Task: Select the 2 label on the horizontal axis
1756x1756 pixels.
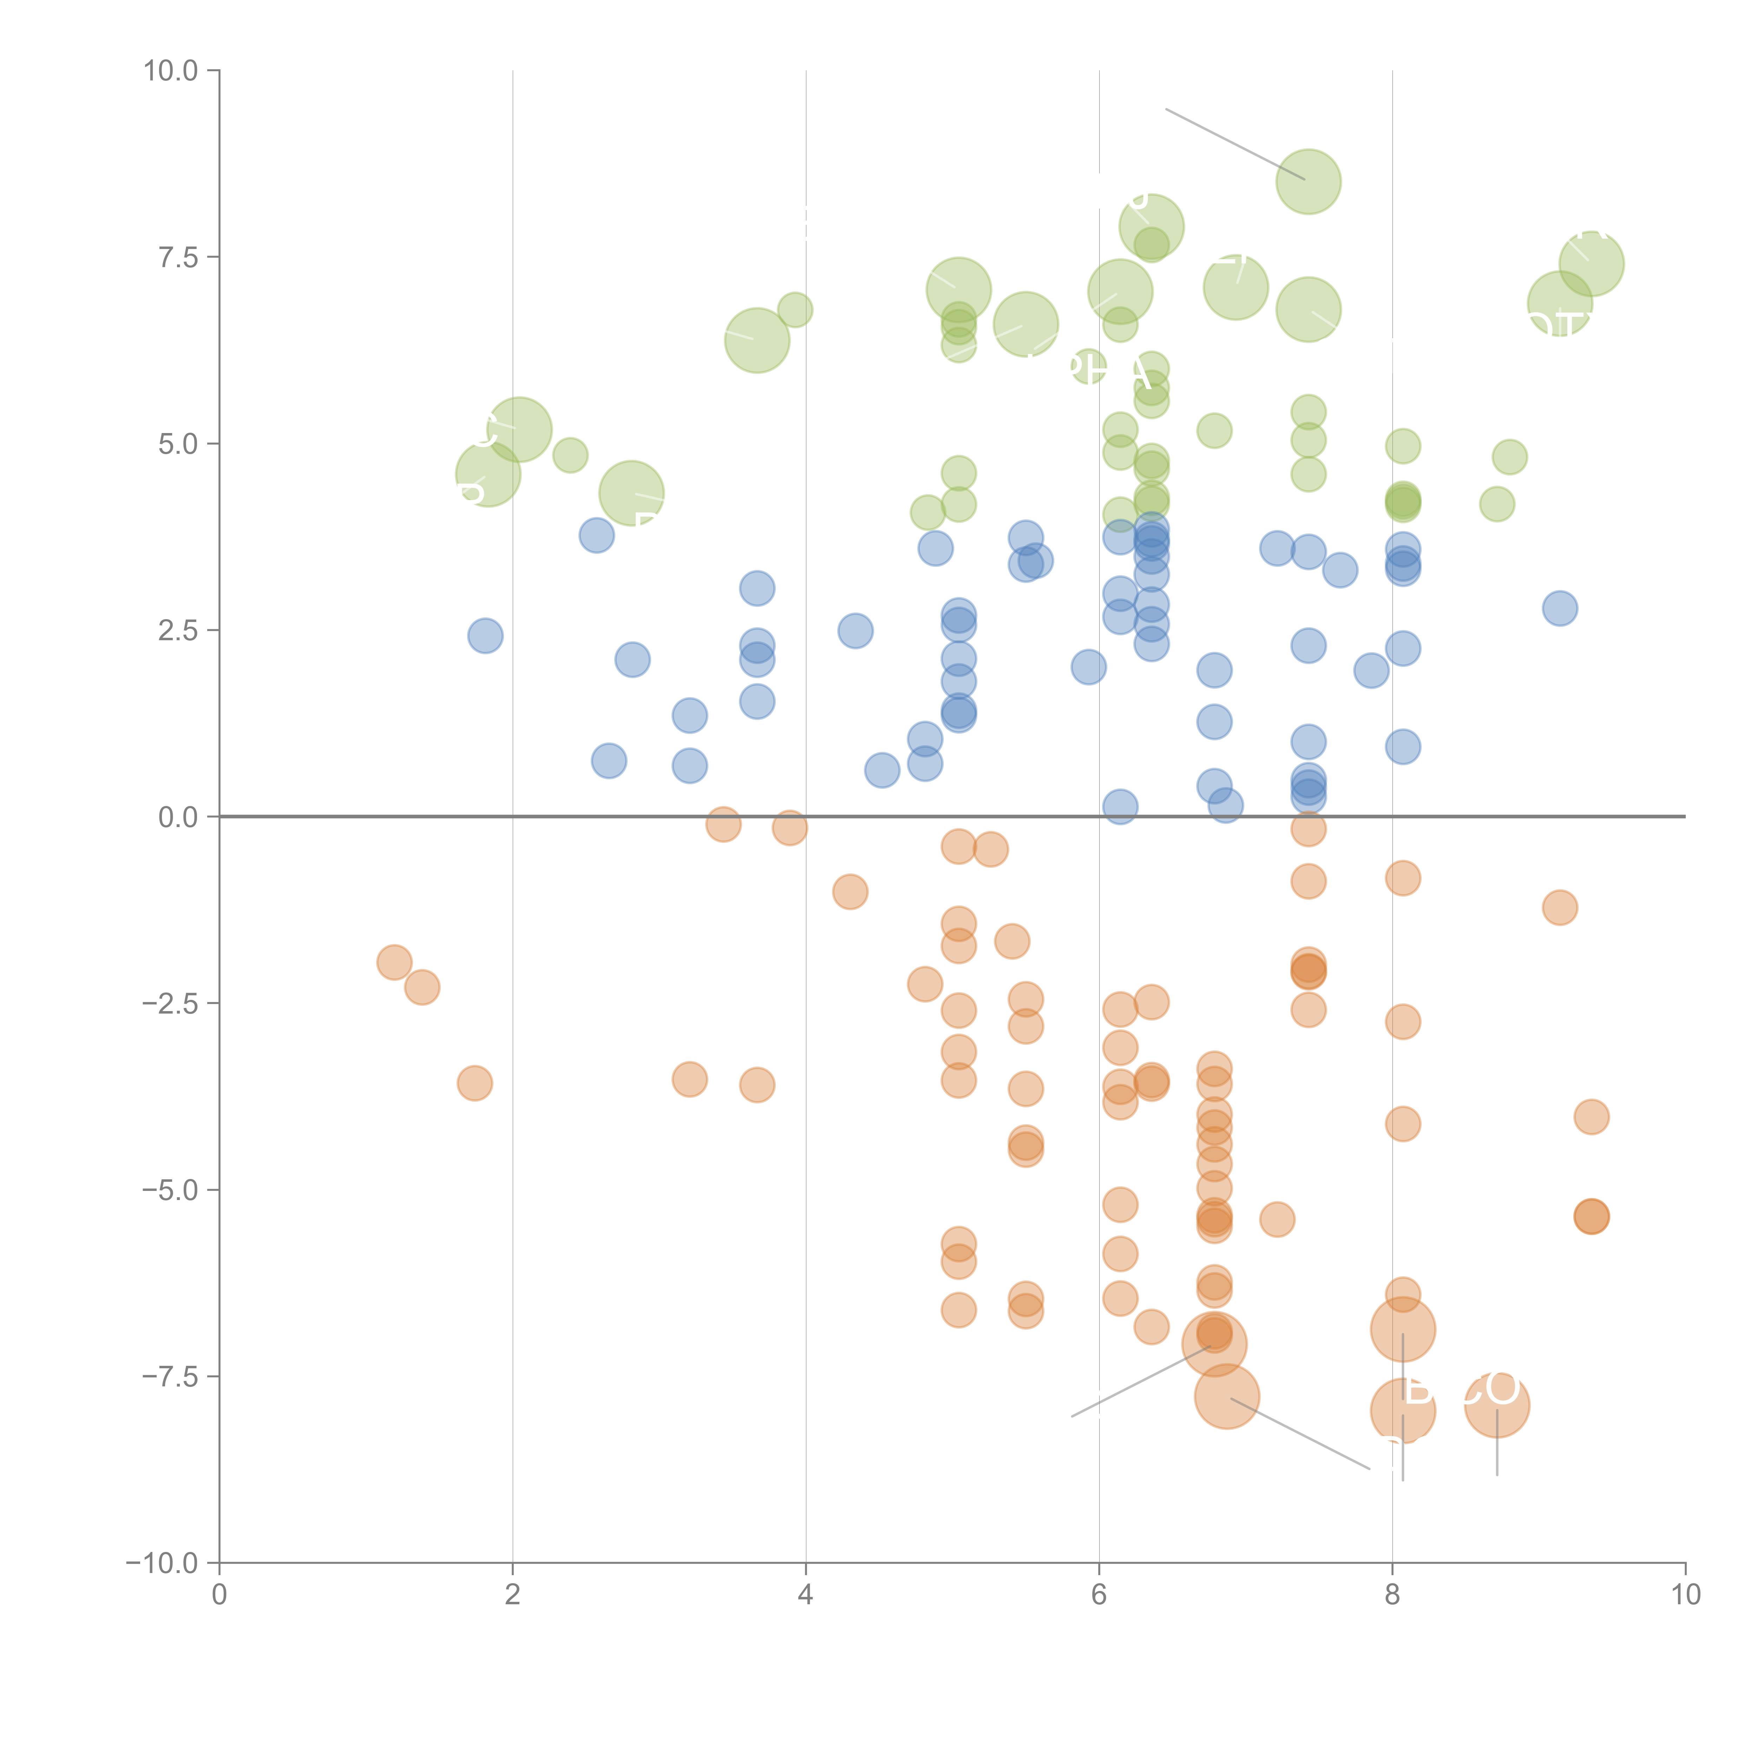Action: click(x=513, y=1595)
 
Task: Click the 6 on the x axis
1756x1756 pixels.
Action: click(x=1099, y=1595)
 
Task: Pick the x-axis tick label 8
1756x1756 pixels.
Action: click(x=1393, y=1595)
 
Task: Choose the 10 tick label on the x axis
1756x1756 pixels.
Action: click(x=1685, y=1595)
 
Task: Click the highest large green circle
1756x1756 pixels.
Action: click(x=1308, y=181)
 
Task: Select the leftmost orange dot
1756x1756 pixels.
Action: click(x=394, y=962)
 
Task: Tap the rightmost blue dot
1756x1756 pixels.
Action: click(x=1560, y=608)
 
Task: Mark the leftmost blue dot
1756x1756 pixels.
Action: click(x=485, y=635)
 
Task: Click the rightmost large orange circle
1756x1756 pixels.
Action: click(x=1497, y=1405)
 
